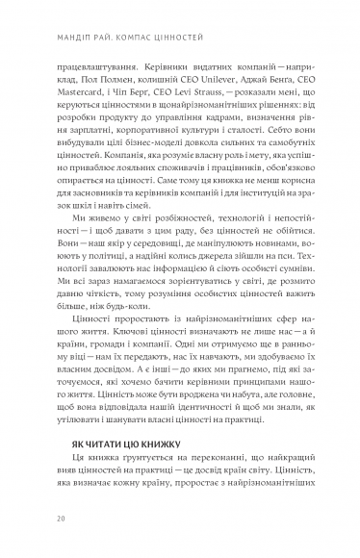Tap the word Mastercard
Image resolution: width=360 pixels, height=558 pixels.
click(73, 99)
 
